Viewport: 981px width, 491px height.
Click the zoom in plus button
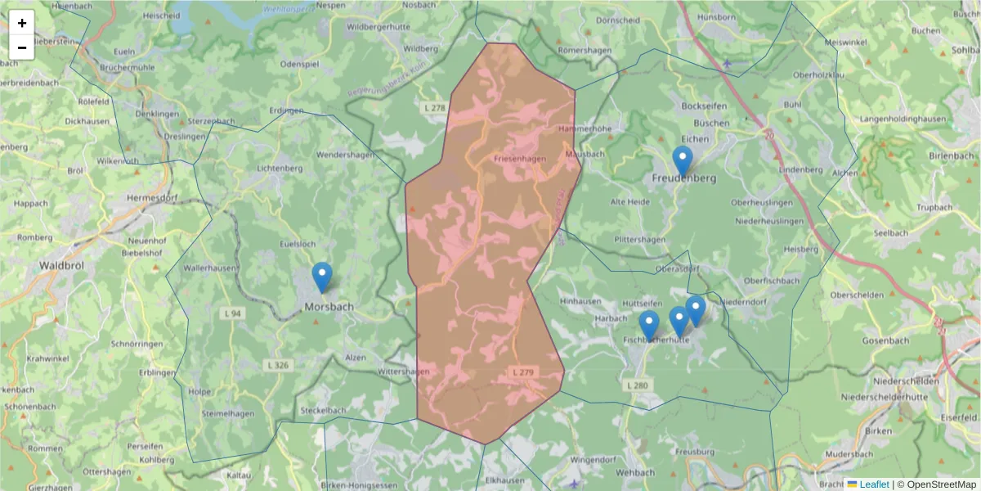click(22, 23)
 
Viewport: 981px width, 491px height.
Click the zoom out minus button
click(22, 47)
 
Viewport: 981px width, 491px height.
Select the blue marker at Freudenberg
click(682, 161)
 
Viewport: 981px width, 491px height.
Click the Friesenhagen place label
click(520, 159)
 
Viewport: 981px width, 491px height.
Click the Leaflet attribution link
click(874, 484)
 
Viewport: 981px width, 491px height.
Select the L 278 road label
click(435, 108)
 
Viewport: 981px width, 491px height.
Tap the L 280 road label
click(636, 385)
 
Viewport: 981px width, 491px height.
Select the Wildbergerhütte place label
click(378, 27)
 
